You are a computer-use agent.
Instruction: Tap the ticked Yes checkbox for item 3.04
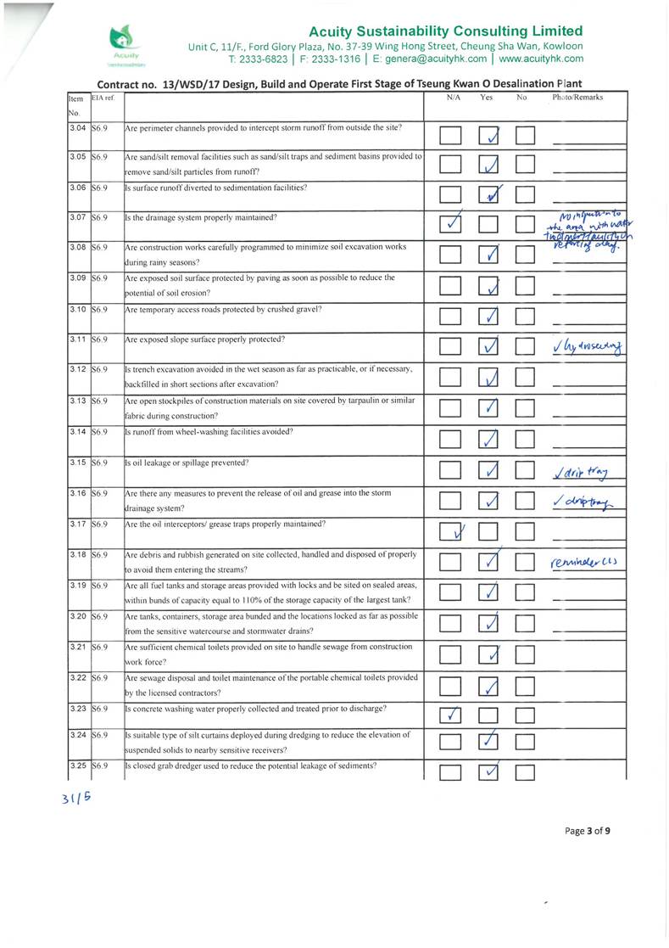point(489,136)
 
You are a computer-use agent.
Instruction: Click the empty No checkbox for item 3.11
point(527,346)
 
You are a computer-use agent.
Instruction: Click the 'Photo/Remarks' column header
point(577,98)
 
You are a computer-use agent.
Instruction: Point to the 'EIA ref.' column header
point(103,98)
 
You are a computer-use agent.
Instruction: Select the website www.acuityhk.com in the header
point(541,59)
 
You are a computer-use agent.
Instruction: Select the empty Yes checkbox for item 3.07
point(489,226)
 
